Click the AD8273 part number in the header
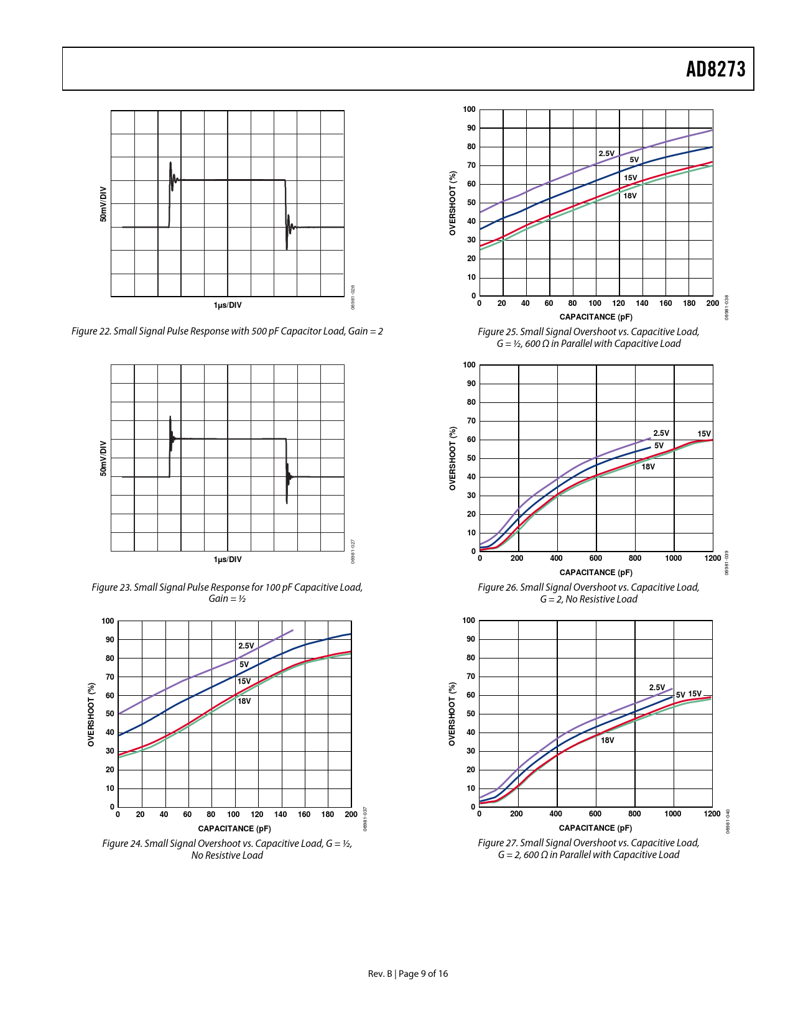point(715,69)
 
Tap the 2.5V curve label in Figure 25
point(606,154)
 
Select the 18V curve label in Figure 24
point(244,701)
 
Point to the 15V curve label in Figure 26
point(703,434)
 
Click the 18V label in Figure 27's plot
point(608,741)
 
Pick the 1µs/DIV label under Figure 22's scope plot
point(228,305)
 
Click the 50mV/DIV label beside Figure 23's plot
point(104,459)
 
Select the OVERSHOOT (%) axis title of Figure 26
point(453,458)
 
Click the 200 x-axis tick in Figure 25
point(712,303)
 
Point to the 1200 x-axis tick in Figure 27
point(712,814)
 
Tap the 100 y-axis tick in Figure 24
point(108,621)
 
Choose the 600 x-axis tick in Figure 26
point(596,558)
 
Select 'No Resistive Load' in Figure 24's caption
point(227,856)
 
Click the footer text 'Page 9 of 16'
point(423,974)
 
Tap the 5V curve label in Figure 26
point(659,446)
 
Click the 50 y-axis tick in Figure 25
point(471,203)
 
